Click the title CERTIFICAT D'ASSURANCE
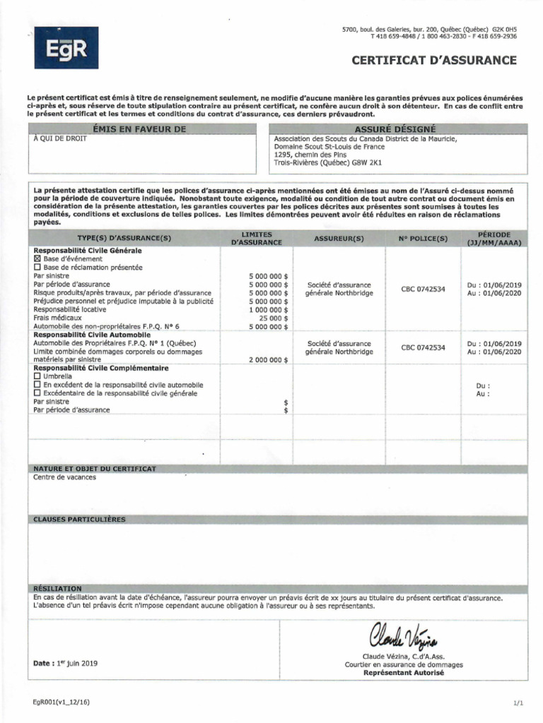coord(434,60)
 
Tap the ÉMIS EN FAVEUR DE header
coord(139,129)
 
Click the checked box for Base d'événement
coord(37,259)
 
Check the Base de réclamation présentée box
coord(37,268)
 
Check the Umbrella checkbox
coord(37,376)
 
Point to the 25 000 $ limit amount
coord(274,318)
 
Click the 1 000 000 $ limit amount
coord(269,309)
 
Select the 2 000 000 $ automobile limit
coord(269,359)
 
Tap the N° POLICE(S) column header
coord(423,239)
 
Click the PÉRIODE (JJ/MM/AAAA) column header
coord(494,238)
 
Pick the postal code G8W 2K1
coord(367,162)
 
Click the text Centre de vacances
coord(65,477)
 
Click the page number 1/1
coord(518,703)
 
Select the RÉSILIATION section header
coord(57,588)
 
